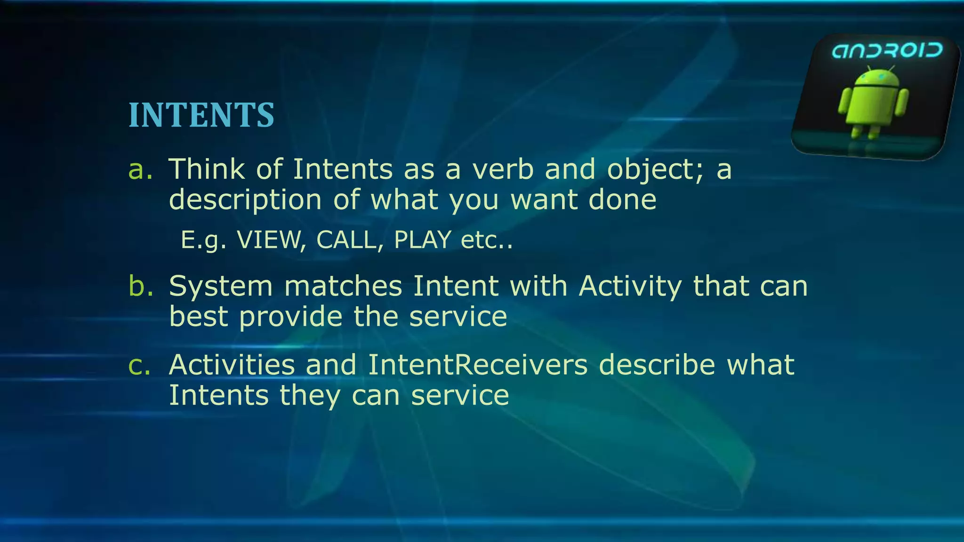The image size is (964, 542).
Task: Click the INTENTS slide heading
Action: click(x=201, y=115)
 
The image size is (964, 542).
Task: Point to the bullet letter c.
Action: click(x=140, y=365)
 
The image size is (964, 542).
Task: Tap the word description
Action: click(x=245, y=200)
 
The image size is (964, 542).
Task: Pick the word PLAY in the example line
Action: click(x=423, y=240)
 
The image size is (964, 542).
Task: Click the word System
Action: click(x=221, y=286)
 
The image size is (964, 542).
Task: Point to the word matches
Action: click(x=343, y=286)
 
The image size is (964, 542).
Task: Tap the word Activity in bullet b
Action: click(x=630, y=286)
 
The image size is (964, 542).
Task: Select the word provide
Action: click(x=290, y=316)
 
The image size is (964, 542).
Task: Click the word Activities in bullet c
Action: click(x=232, y=365)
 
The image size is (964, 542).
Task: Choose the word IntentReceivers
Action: click(x=477, y=365)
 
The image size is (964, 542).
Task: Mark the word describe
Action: click(x=657, y=365)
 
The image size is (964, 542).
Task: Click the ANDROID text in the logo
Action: click(x=887, y=51)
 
